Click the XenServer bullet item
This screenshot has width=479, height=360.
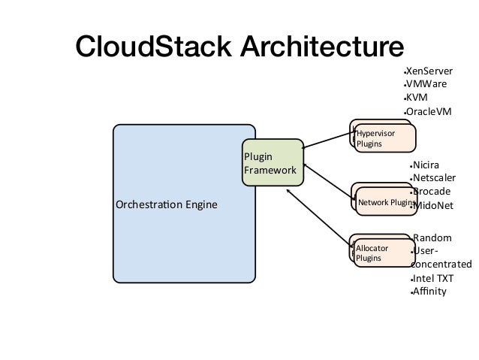(429, 71)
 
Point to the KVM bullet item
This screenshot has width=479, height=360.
(417, 98)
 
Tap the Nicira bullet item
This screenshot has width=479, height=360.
(426, 165)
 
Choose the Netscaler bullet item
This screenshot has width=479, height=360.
(434, 178)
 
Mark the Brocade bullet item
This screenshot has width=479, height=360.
(432, 191)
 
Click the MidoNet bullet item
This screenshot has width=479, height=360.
(435, 205)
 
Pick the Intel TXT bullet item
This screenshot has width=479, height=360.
(431, 278)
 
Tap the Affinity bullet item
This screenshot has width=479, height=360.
(429, 292)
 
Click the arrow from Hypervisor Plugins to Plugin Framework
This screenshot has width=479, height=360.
(329, 140)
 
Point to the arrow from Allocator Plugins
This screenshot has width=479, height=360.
(319, 219)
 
